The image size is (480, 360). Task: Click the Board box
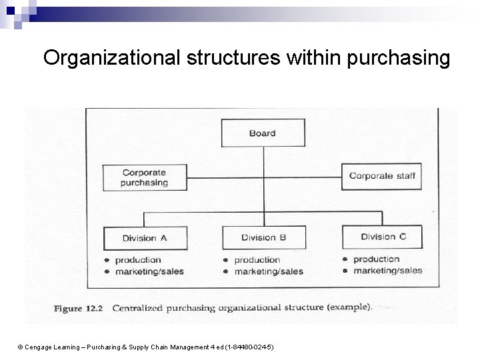[x=262, y=133]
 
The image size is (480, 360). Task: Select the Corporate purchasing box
[x=145, y=177]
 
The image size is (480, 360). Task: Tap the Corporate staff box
[x=381, y=177]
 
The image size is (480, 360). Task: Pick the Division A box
[x=145, y=238]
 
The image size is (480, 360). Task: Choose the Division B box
[x=263, y=238]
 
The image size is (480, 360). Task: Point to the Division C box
[x=382, y=237]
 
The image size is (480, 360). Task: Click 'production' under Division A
[x=138, y=260]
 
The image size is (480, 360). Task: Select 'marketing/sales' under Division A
[x=149, y=271]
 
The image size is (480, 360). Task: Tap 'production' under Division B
[x=257, y=260]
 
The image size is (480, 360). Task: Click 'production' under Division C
[x=377, y=259]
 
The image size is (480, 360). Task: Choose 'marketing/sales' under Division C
[x=387, y=271]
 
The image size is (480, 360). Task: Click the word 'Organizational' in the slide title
[x=109, y=59]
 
